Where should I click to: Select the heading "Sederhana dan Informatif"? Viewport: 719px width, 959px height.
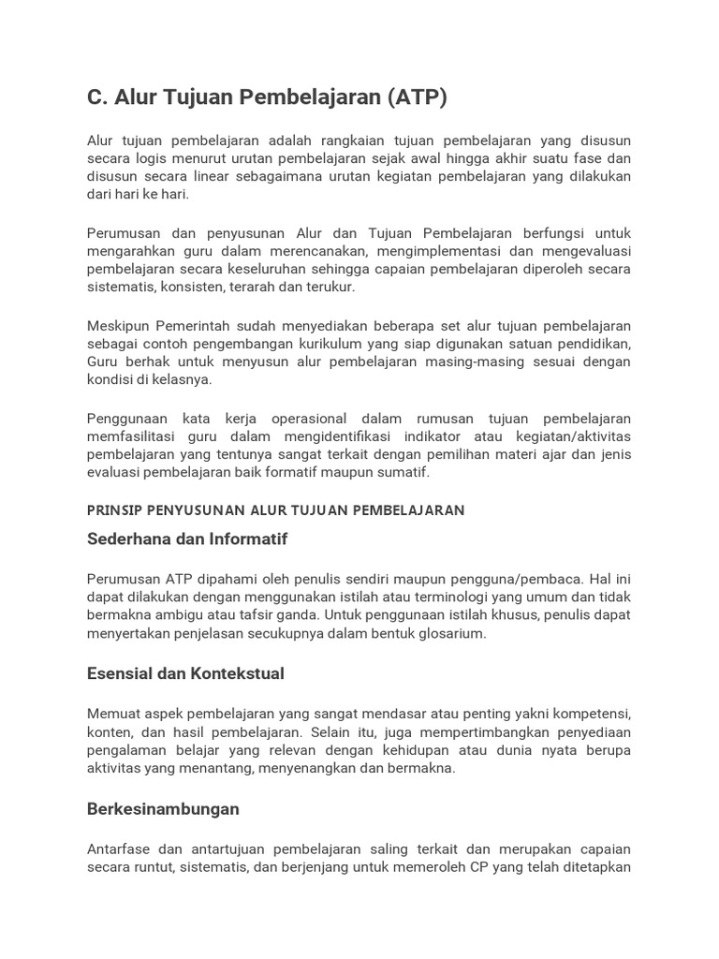[187, 539]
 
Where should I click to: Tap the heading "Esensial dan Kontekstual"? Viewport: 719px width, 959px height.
[185, 673]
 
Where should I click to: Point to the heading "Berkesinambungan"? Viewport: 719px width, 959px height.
[163, 808]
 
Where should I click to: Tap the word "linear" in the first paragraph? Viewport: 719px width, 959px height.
[214, 176]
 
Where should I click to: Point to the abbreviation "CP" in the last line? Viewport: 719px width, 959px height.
[506, 866]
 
